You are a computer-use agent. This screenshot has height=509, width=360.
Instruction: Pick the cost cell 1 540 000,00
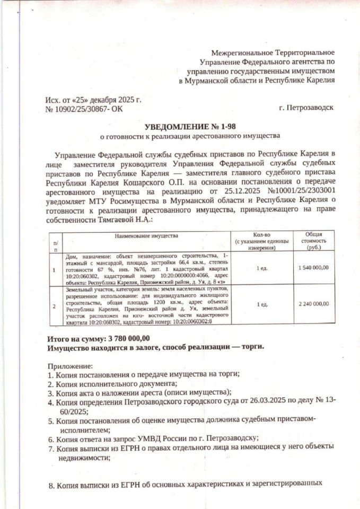313,268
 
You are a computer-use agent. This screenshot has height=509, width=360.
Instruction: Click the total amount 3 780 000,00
129,338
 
